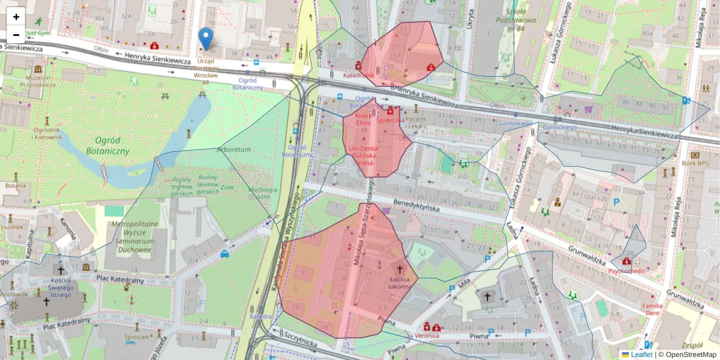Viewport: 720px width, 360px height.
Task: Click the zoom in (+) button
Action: pos(16,17)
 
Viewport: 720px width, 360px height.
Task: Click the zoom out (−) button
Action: pos(16,35)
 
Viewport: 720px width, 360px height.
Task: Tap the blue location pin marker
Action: pos(206,38)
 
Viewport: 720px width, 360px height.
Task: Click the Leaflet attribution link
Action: pos(641,354)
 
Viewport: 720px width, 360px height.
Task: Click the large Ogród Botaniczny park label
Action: pos(108,145)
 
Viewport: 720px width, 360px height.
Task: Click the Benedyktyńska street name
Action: pos(417,206)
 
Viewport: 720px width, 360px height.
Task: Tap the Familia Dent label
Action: pos(652,309)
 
